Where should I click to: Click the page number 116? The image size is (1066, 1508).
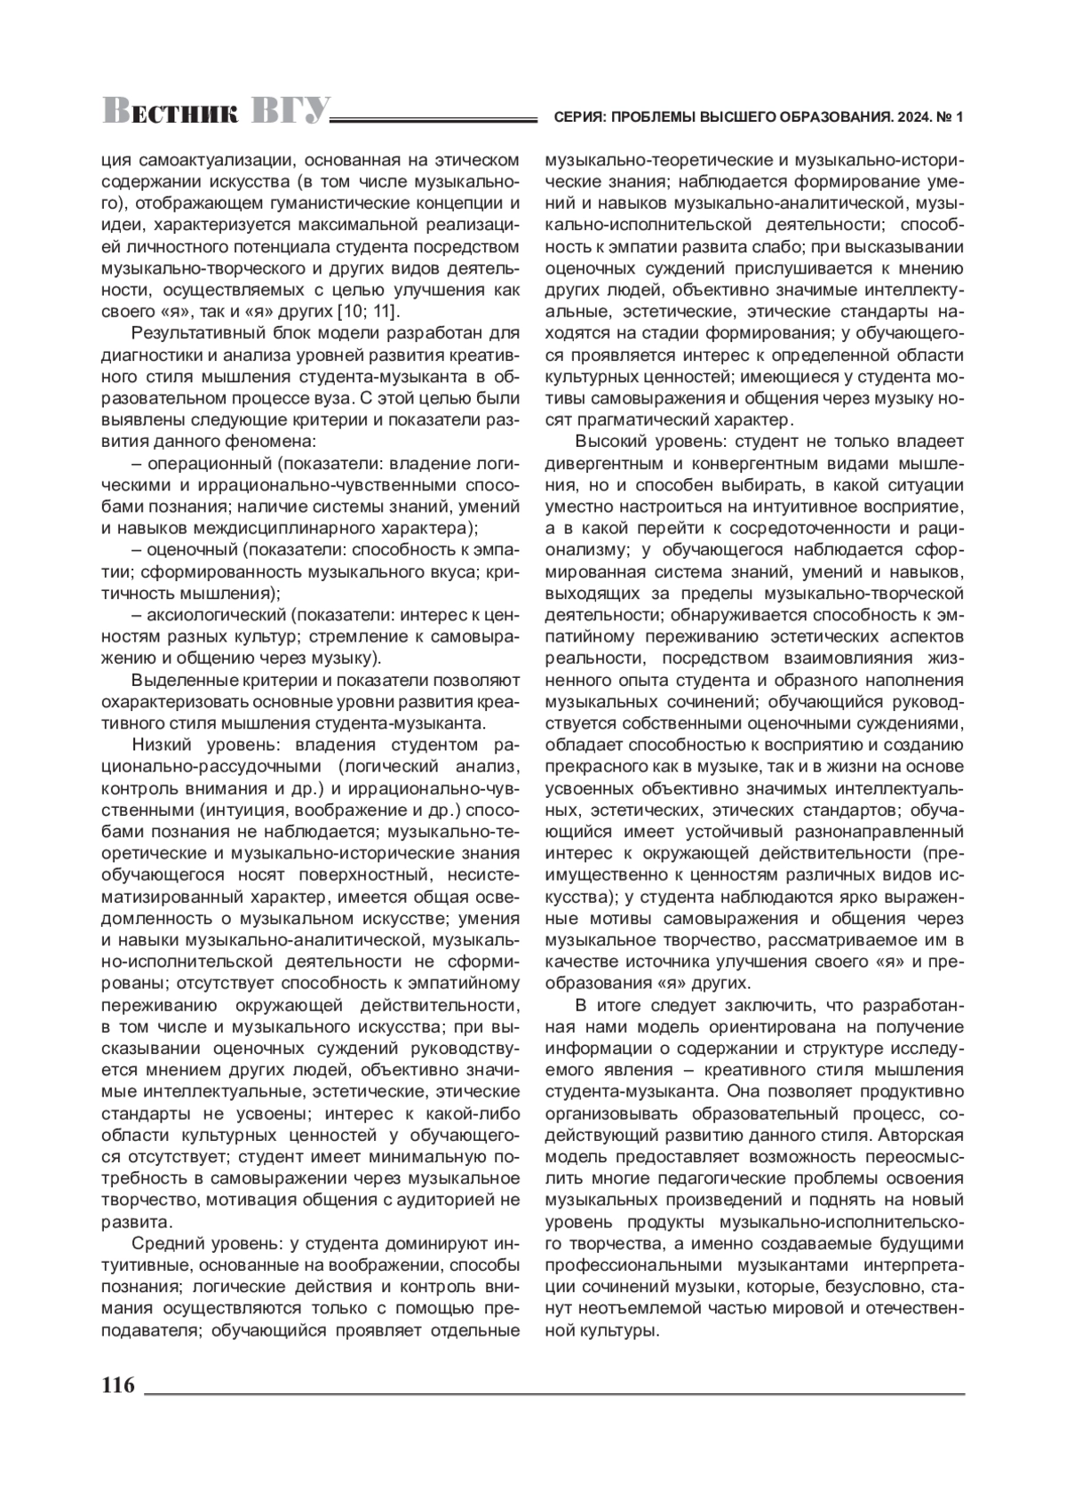tap(118, 1385)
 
